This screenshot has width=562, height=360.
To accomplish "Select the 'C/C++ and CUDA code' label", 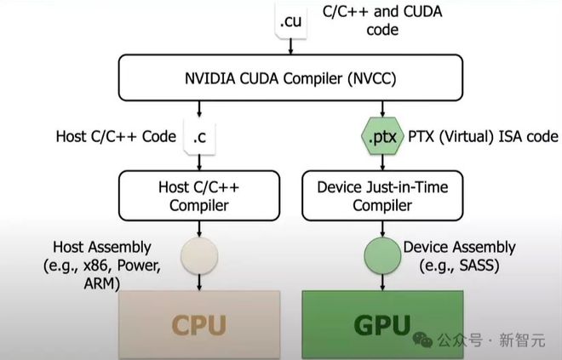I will coord(358,20).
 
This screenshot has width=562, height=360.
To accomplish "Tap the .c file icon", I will coord(199,135).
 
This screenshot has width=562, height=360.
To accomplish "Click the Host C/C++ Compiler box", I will coord(198,194).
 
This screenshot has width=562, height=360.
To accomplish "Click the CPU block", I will coord(198,324).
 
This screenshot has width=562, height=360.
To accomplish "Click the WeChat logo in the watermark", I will coord(422,340).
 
